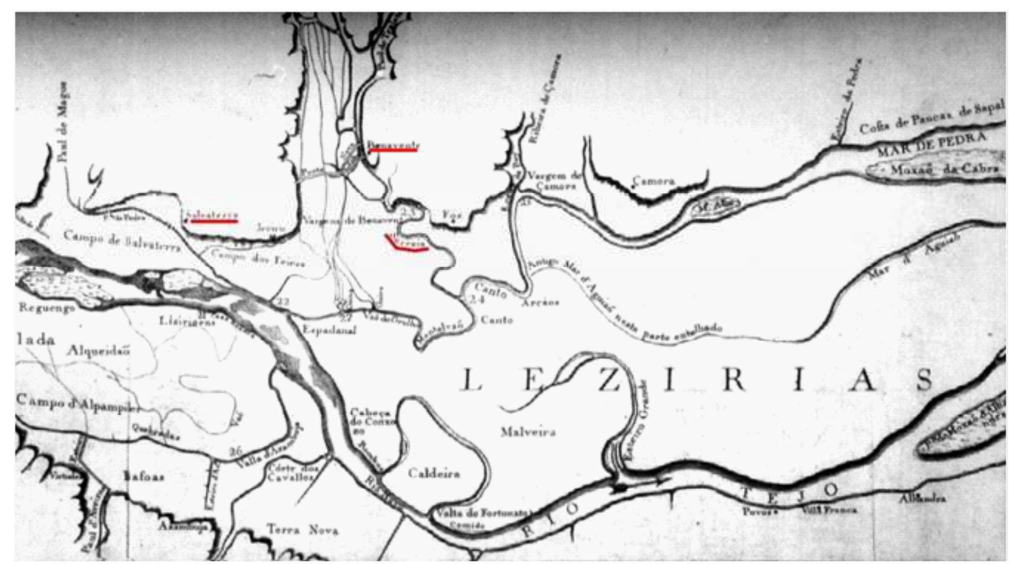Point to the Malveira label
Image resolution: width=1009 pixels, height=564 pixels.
[528, 432]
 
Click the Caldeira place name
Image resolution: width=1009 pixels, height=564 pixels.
[434, 473]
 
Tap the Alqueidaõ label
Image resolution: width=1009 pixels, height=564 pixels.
[98, 351]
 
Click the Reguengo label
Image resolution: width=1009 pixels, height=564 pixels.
[47, 307]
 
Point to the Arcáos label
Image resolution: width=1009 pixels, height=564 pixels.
[540, 303]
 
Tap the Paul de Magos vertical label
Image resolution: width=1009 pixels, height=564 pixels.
[64, 122]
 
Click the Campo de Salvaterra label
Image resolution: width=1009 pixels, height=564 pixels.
[122, 241]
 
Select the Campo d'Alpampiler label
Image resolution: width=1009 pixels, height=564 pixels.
[78, 403]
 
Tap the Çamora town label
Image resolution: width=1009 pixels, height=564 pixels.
[654, 181]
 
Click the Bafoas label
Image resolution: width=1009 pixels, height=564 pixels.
[144, 477]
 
